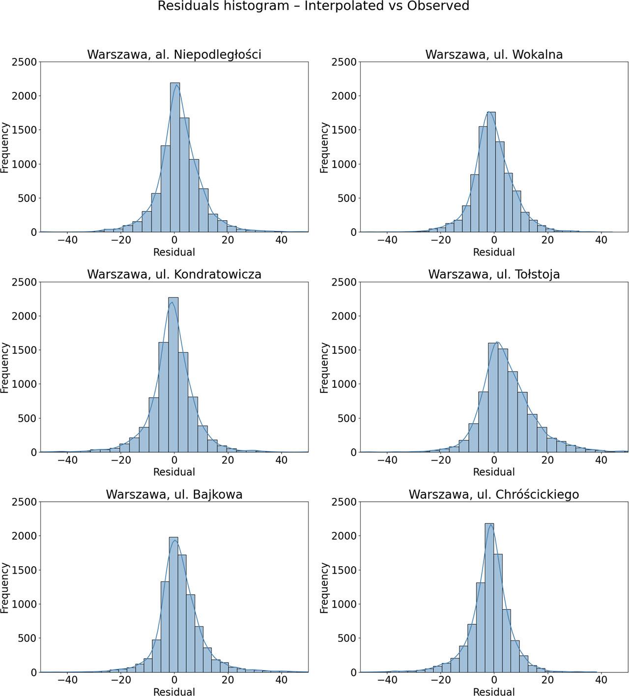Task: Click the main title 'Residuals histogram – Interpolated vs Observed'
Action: [314, 6]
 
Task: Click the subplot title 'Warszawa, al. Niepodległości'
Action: [174, 55]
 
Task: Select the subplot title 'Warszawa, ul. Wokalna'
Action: [494, 55]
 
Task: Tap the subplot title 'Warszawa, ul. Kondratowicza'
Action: [174, 274]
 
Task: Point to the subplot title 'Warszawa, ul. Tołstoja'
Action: [494, 274]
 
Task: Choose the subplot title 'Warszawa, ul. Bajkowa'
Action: [174, 494]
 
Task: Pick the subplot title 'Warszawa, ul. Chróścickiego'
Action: [494, 494]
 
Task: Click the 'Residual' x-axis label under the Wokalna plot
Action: [494, 253]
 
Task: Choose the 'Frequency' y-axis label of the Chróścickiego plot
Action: [324, 588]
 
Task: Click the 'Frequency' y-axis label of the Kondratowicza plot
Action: [5, 368]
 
